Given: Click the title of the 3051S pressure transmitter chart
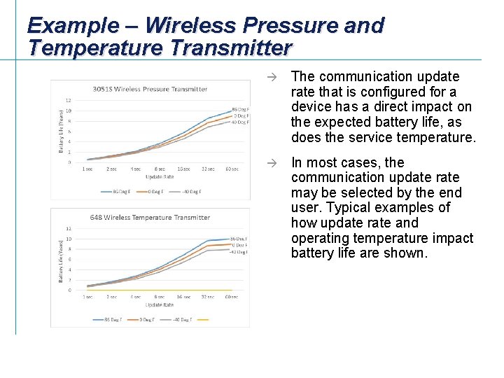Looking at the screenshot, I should pyautogui.click(x=150, y=89).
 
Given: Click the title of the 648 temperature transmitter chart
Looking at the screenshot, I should pyautogui.click(x=150, y=217).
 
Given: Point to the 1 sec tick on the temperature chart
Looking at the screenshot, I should pyautogui.click(x=87, y=297).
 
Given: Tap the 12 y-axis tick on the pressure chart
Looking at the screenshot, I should pyautogui.click(x=68, y=100).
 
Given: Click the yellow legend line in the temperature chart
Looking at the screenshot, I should pyautogui.click(x=203, y=320).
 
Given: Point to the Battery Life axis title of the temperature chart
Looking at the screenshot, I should pyautogui.click(x=60, y=260).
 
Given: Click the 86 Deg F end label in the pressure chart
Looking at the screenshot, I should pyautogui.click(x=240, y=110).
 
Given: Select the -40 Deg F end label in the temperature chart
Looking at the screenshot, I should pyautogui.click(x=239, y=252).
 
